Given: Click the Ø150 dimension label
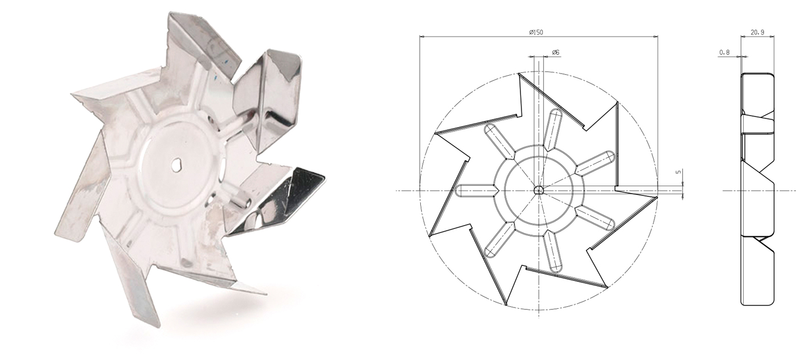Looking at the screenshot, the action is tap(536, 32).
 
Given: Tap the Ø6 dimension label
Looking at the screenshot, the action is tap(556, 52).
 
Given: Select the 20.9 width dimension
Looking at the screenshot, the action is tap(757, 32).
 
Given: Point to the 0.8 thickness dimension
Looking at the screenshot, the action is tap(725, 52).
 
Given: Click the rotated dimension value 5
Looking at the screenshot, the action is tap(678, 172).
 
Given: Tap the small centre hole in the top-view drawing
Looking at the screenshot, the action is tap(539, 190).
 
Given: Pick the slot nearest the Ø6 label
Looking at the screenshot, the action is tap(552, 129).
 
